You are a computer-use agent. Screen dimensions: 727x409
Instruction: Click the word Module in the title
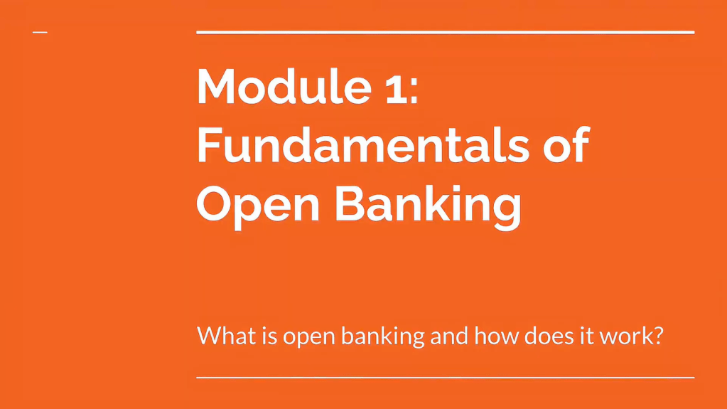(x=284, y=86)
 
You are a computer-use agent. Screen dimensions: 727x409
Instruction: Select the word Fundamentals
(x=362, y=144)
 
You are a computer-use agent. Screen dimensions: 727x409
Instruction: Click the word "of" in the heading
(x=566, y=144)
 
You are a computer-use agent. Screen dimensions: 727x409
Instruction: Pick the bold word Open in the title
(x=258, y=204)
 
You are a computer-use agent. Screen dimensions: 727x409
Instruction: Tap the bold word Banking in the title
(x=428, y=204)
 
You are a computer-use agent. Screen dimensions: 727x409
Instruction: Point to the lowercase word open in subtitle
(x=309, y=337)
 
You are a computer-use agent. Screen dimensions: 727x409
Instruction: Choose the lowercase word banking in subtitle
(x=382, y=336)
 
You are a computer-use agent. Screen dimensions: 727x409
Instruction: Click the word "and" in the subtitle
(x=449, y=335)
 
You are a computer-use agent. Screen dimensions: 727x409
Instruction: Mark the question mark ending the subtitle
(x=657, y=335)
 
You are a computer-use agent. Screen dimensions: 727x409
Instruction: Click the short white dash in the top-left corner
(x=40, y=33)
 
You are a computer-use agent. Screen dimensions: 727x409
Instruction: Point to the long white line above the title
(x=445, y=33)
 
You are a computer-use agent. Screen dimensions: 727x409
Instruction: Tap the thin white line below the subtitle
(x=445, y=378)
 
